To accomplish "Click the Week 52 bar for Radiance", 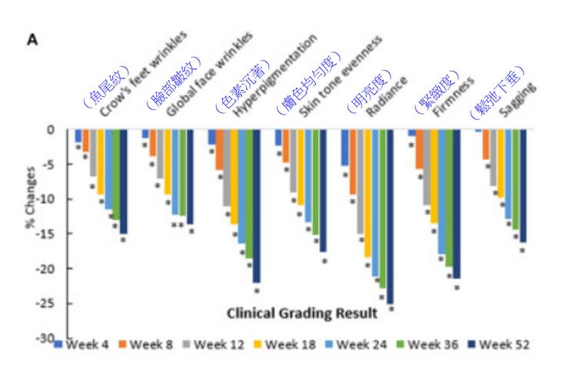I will point(390,216).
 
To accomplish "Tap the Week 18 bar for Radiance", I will point(368,192).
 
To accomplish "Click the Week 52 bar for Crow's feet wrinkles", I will point(123,182).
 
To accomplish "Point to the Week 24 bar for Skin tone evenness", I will point(308,176).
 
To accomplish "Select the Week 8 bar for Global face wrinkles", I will point(152,142).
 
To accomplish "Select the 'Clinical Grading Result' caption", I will point(302,314).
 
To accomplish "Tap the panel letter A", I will point(33,38).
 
